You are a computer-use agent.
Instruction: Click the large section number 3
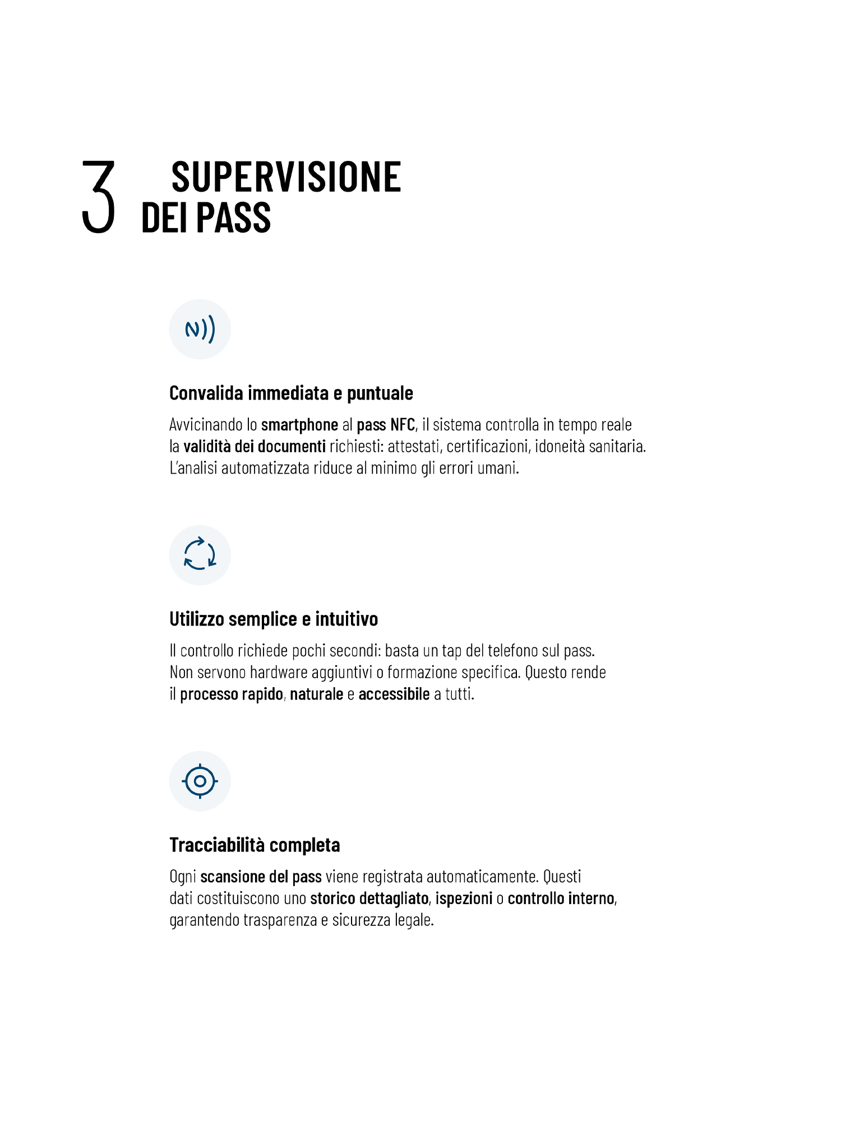(x=99, y=197)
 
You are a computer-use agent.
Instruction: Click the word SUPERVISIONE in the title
(x=286, y=177)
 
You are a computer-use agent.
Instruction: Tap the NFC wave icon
(x=200, y=329)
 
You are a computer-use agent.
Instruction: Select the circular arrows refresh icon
(x=200, y=555)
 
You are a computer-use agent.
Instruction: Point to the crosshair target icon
(x=200, y=781)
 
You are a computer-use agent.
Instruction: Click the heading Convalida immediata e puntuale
(x=291, y=393)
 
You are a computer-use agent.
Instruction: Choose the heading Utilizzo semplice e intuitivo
(x=274, y=619)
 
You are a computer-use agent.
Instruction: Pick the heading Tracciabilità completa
(x=255, y=845)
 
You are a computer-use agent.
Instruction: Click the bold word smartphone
(x=299, y=425)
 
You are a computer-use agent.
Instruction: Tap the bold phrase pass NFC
(x=386, y=425)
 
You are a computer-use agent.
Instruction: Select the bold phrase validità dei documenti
(x=255, y=446)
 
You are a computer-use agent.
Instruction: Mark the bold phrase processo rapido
(x=231, y=694)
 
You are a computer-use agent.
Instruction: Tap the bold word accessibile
(x=394, y=694)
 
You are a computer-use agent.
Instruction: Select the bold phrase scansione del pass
(x=261, y=877)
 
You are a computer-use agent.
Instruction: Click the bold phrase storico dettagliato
(x=369, y=898)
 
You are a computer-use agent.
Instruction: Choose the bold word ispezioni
(x=464, y=898)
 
